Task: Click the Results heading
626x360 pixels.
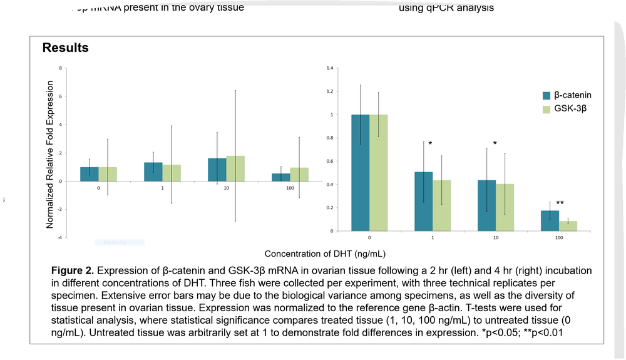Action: (65, 48)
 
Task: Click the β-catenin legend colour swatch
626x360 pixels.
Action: (546, 96)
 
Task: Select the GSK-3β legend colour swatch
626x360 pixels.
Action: (546, 110)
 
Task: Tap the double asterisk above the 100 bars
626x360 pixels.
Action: (560, 203)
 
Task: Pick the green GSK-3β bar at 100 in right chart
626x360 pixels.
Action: (568, 227)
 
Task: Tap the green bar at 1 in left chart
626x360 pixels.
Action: (172, 173)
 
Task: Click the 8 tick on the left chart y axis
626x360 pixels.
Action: (60, 68)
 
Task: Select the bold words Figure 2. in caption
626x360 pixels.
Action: (73, 270)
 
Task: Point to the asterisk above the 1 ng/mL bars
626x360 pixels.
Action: (430, 144)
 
